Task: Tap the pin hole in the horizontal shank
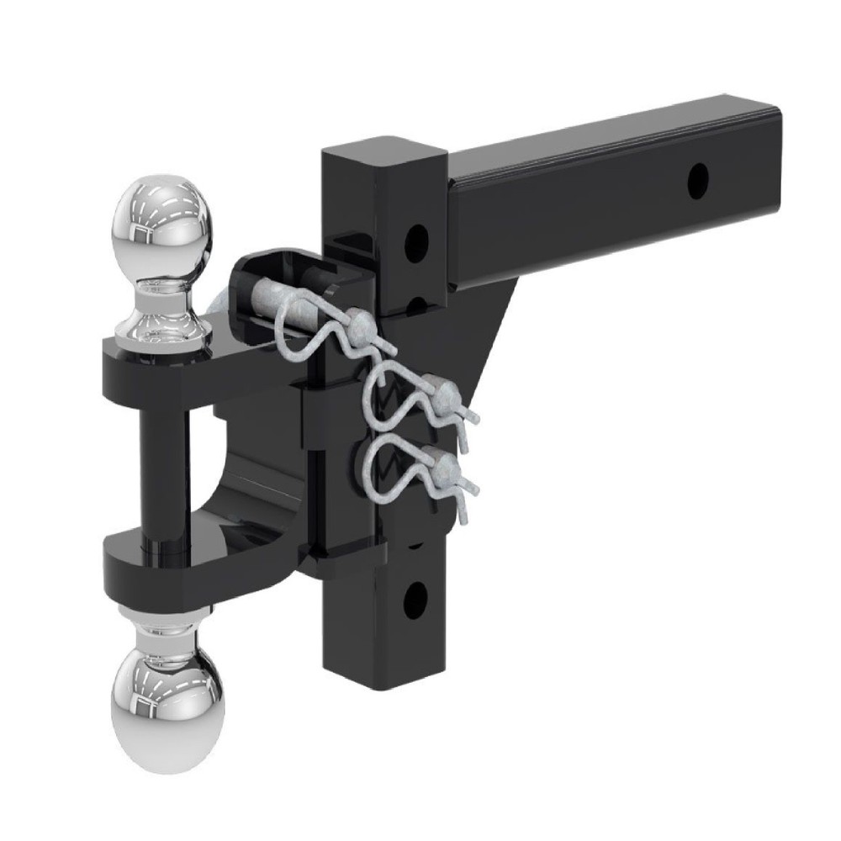[x=697, y=181]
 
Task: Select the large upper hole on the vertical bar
[x=415, y=241]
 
